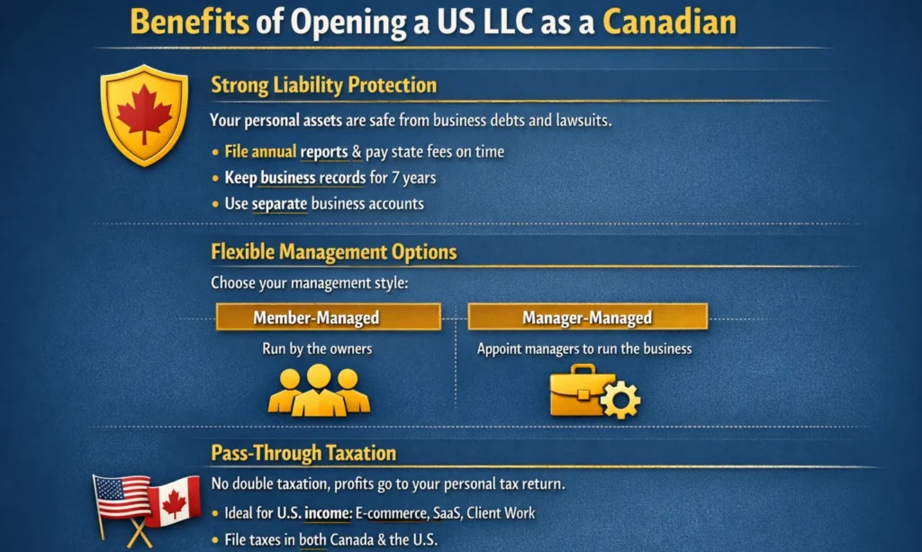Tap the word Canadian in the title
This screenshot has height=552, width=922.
tap(669, 22)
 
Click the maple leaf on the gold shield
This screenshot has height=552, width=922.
tap(144, 112)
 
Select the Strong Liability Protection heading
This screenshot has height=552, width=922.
tap(323, 86)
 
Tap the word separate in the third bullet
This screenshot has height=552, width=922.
tap(280, 204)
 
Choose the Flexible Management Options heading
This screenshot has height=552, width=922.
tap(333, 252)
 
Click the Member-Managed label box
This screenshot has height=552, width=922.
tap(329, 317)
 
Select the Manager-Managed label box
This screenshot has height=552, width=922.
tap(587, 317)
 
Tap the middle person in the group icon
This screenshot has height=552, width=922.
tap(319, 390)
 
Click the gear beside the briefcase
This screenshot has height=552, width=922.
tap(620, 399)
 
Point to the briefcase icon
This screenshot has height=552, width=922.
tap(581, 390)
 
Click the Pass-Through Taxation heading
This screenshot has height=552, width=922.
tap(303, 453)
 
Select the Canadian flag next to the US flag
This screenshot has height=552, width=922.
tap(173, 502)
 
